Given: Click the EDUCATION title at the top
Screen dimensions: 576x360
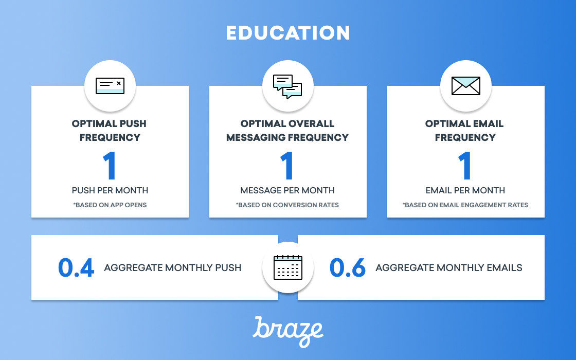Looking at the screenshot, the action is [x=287, y=33].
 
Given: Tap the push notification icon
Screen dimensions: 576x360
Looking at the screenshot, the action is [x=110, y=86].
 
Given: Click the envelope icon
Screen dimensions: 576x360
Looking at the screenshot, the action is [x=465, y=86].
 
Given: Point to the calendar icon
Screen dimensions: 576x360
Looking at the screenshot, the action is [x=288, y=267].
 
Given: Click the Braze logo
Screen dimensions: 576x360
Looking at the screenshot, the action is [x=287, y=331].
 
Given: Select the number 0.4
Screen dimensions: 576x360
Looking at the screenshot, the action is [x=76, y=267].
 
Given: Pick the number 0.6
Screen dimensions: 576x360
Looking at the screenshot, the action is [x=348, y=267].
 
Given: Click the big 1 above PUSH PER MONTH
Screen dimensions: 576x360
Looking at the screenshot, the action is [x=110, y=165].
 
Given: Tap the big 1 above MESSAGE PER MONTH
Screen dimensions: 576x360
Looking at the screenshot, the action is [x=287, y=165].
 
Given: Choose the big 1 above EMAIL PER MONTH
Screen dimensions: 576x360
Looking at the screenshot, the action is [x=465, y=165].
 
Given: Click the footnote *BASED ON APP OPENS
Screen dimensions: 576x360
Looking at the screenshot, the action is [x=110, y=205].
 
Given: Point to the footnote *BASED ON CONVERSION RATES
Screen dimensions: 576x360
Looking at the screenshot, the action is [x=287, y=205].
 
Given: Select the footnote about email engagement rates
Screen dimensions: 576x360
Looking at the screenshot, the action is [x=465, y=205].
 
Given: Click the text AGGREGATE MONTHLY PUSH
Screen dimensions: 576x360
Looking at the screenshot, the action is [x=173, y=268].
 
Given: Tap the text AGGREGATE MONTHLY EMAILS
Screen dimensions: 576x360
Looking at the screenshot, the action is [x=449, y=268].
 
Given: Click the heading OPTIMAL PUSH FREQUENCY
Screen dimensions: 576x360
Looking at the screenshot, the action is [x=110, y=131].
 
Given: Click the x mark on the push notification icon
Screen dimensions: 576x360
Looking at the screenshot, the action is [x=119, y=83].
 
